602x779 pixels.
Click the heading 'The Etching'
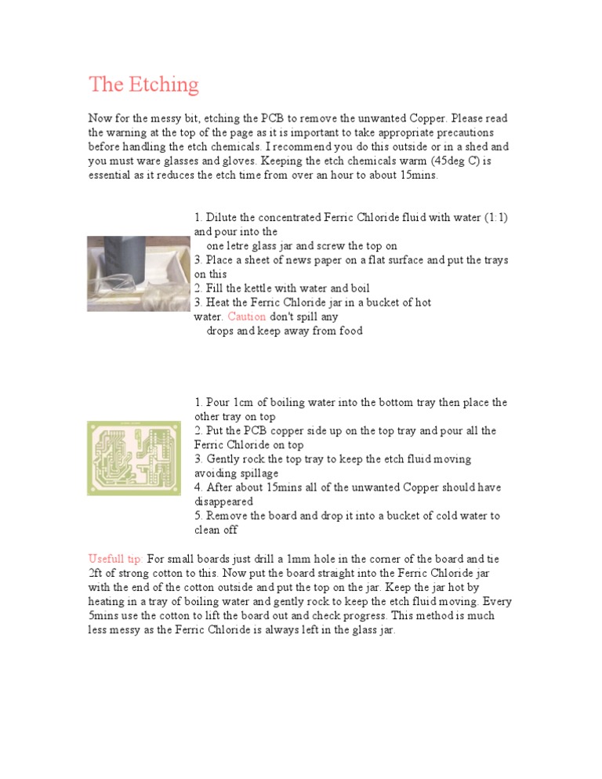point(143,85)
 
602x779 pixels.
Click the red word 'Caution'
point(246,317)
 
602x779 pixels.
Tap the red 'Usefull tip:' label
point(116,560)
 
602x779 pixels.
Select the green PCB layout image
point(133,458)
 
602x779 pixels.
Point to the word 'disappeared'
point(223,502)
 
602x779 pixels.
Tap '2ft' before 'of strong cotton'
point(96,574)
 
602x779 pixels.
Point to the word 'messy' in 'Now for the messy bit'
point(168,118)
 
